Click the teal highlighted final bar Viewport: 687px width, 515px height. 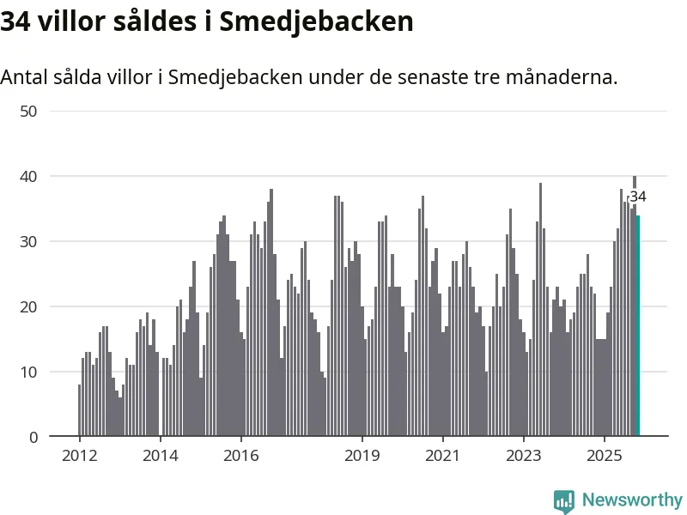pos(638,326)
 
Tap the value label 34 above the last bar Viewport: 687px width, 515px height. pos(638,197)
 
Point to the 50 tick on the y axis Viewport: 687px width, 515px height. pos(30,111)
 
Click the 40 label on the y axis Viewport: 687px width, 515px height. pos(30,176)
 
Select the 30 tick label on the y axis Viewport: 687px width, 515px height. pos(30,241)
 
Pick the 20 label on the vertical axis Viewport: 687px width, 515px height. pos(30,306)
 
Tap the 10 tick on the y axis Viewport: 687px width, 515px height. pos(30,372)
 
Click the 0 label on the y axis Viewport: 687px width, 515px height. pos(33,437)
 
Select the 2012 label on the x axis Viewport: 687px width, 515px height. pos(79,456)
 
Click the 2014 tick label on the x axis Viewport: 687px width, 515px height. pos(160,456)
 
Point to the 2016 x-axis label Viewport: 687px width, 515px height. pos(241,456)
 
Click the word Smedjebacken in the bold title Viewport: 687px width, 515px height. pos(316,22)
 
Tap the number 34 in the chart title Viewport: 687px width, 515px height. pos(16,22)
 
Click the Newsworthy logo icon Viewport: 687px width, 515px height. pos(564,500)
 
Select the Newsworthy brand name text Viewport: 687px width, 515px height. pos(632,500)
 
